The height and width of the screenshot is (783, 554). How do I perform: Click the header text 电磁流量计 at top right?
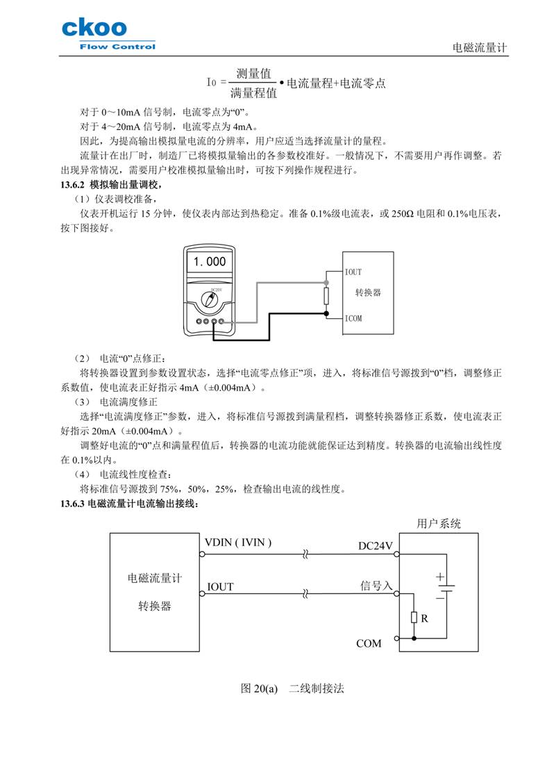[480, 48]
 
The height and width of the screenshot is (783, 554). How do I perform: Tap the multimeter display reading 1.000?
[210, 262]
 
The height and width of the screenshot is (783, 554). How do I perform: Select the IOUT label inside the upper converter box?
[353, 272]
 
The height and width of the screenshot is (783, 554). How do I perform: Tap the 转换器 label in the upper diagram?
[369, 293]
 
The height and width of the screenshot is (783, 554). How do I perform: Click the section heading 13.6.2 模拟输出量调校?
[112, 185]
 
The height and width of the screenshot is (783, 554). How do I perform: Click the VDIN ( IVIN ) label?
[238, 542]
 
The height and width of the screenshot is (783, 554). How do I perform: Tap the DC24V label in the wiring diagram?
[375, 546]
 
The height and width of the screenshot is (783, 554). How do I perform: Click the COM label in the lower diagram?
[369, 643]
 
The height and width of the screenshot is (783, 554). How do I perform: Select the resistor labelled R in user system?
[414, 617]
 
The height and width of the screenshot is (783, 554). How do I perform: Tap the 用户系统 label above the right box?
[438, 524]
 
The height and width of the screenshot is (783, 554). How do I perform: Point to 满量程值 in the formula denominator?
[253, 91]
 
